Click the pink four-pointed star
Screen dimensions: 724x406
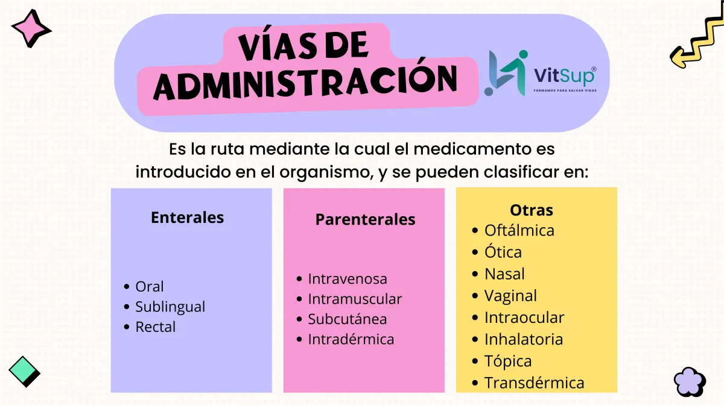(31, 28)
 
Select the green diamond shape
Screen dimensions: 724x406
(24, 372)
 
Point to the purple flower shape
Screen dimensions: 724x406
(690, 382)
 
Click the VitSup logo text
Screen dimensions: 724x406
(564, 75)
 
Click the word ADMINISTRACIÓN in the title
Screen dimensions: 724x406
(305, 82)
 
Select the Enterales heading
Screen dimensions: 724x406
(187, 217)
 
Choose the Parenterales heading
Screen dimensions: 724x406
(365, 219)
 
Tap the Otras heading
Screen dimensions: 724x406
(532, 210)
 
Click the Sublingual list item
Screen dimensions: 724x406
(170, 307)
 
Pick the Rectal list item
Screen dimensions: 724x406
(156, 327)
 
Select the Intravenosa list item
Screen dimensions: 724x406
(348, 279)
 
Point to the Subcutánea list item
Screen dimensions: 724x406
(347, 319)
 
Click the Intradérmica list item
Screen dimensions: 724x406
(351, 339)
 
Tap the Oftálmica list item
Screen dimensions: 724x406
(519, 230)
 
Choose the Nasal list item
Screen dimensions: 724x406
(504, 274)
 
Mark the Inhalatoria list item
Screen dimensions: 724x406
(524, 339)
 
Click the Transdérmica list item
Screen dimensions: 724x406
(535, 383)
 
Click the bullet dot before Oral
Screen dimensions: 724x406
(127, 286)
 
